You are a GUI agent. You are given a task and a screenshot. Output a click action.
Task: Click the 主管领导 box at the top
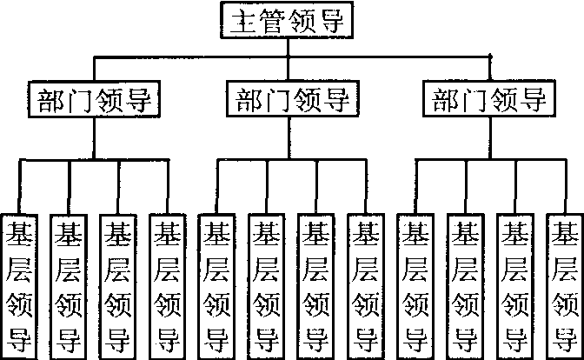[287, 22]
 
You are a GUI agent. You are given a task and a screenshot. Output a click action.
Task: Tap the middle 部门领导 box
[291, 100]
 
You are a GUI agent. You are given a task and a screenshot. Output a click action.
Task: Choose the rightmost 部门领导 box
[490, 100]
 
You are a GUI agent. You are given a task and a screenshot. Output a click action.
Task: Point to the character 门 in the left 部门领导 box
[76, 100]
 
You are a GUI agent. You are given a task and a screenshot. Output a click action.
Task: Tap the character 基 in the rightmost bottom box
[565, 234]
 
